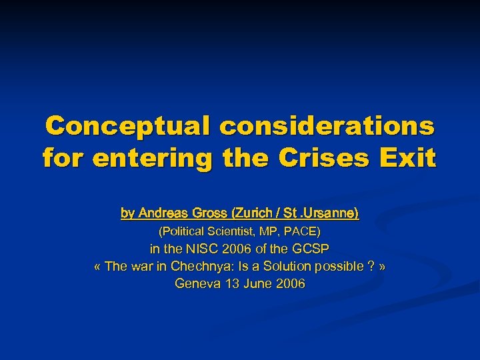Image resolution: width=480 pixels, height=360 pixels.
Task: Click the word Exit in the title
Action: tap(411, 159)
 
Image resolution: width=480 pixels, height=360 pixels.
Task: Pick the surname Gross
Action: tap(209, 213)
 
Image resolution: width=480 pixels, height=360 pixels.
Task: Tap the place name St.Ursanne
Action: tap(321, 213)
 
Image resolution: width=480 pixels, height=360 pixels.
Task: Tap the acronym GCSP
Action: tap(311, 249)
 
